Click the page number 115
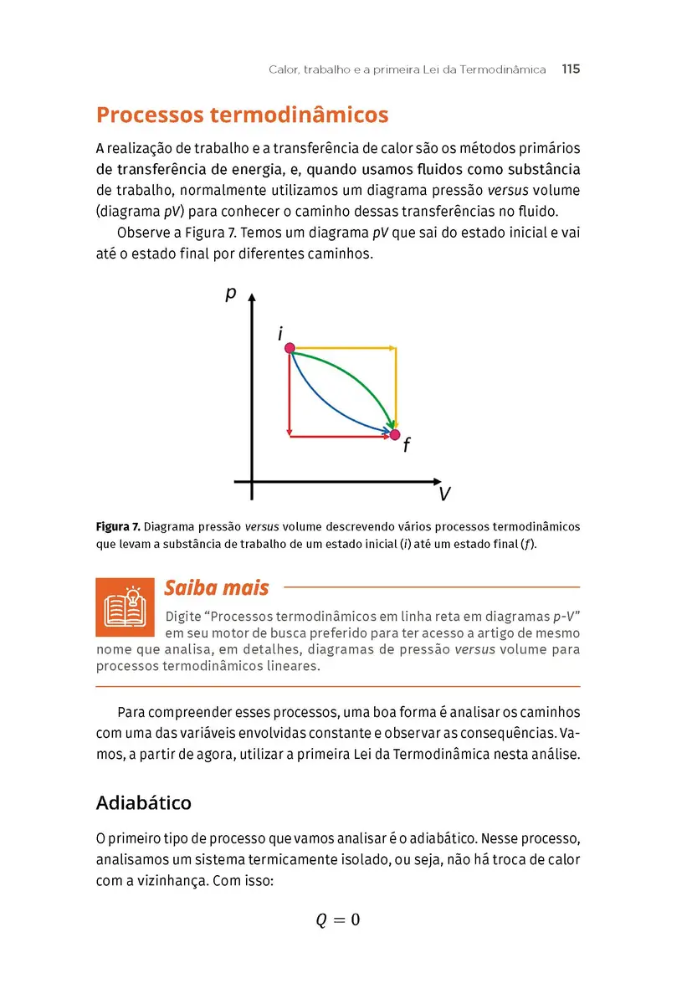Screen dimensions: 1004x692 [x=571, y=69]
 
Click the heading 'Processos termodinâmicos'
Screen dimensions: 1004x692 [x=243, y=115]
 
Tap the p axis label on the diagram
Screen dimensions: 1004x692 [x=231, y=294]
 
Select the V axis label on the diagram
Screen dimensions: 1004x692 [x=444, y=494]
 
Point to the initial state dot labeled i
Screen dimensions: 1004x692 [x=290, y=348]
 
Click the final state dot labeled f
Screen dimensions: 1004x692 [x=395, y=434]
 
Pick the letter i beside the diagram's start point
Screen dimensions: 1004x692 [x=280, y=334]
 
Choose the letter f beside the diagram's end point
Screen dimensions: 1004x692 [x=406, y=446]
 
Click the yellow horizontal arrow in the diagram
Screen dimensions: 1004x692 [x=343, y=346]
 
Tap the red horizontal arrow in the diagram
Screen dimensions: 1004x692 [x=339, y=435]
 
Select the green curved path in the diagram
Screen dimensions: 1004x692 [x=360, y=376]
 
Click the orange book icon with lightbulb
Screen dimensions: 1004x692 [x=125, y=607]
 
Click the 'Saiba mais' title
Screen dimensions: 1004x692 [x=216, y=588]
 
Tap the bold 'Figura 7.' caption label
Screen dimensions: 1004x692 [x=118, y=527]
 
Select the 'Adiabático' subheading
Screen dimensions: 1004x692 [x=144, y=803]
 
